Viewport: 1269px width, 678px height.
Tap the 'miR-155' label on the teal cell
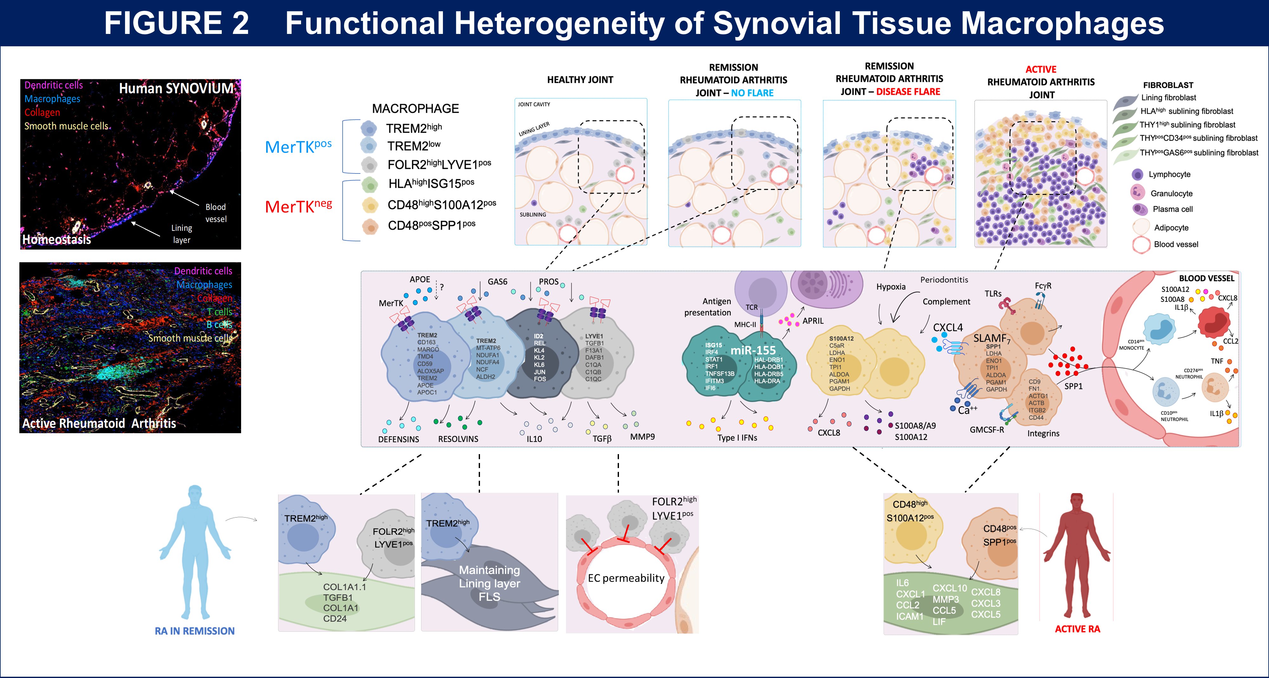coord(753,350)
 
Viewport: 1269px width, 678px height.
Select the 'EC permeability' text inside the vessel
coord(626,578)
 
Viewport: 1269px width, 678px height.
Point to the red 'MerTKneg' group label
coord(298,206)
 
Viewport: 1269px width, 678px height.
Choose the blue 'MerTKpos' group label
coord(298,146)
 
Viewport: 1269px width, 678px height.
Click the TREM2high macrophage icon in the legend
coord(369,128)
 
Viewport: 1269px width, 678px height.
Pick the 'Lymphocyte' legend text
coord(1169,174)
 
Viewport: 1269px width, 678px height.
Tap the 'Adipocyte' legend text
coord(1171,227)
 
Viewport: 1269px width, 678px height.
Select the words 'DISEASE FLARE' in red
coord(908,92)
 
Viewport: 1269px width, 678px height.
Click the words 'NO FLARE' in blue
coord(752,93)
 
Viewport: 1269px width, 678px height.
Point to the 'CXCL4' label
coord(948,328)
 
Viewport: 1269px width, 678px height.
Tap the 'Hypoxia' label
coord(891,287)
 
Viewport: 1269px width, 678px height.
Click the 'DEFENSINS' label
coord(398,439)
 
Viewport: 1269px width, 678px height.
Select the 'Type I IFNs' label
coord(737,438)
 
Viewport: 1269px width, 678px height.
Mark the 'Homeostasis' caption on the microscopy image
coord(57,239)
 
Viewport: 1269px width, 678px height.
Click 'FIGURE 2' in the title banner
coord(176,23)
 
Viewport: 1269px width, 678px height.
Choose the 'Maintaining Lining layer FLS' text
coord(489,583)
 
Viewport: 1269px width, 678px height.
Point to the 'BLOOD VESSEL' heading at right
coord(1207,278)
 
